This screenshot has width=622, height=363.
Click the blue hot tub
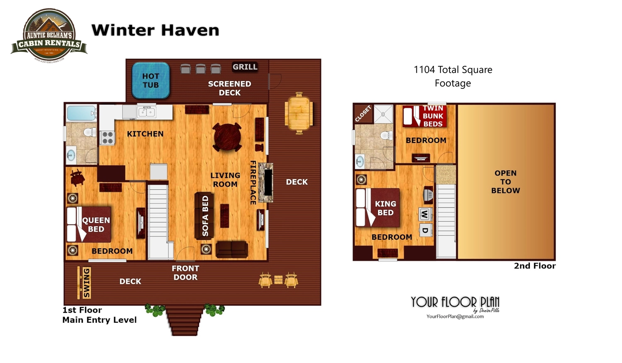(x=151, y=80)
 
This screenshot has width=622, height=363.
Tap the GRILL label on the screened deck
(x=245, y=67)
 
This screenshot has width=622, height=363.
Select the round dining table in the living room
(x=227, y=137)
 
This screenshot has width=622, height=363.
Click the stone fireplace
(x=266, y=183)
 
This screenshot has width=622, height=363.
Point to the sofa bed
(x=204, y=216)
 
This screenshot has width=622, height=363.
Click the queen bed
(x=89, y=224)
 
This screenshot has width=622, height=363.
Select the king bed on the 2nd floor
(x=378, y=208)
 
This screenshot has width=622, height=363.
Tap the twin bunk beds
(x=424, y=116)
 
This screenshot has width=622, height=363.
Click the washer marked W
(x=425, y=214)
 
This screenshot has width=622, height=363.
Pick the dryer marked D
(x=425, y=230)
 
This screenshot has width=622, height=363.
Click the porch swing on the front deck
(x=85, y=283)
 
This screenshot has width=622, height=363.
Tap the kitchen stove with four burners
(x=107, y=137)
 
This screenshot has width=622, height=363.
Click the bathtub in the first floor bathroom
(x=81, y=113)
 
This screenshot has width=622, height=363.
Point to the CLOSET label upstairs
(x=363, y=114)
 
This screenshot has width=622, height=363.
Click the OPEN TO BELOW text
(x=505, y=182)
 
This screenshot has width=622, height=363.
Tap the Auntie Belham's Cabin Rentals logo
(x=49, y=37)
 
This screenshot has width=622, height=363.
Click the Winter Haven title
(x=155, y=30)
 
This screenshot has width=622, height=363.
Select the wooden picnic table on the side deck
(x=299, y=113)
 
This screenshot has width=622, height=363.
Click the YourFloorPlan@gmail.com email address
(x=455, y=317)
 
